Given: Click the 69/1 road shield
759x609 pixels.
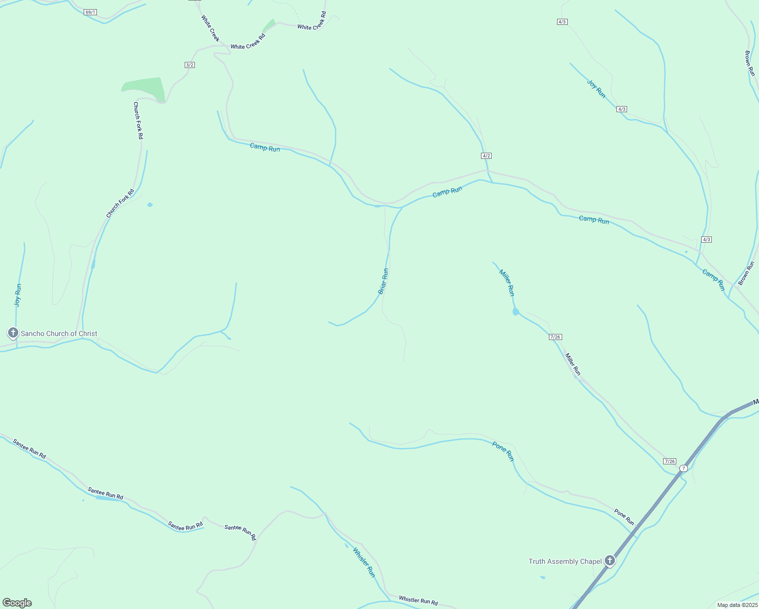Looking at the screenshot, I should coord(90,12).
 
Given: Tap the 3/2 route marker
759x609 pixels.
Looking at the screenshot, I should coord(190,65).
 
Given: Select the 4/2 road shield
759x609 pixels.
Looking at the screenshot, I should coord(486,156).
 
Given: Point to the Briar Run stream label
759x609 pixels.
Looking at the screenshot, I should coord(384,281).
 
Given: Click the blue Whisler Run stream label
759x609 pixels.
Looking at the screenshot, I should coord(364,562).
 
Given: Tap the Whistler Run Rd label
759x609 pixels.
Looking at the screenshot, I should coord(418,601).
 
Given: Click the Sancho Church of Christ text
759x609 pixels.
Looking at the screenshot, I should coord(59,333).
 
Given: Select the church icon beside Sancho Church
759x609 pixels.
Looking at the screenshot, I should coord(13,333).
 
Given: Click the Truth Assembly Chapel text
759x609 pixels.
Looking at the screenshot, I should coord(565,561).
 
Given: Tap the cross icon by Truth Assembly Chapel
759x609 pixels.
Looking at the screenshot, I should coord(610,561).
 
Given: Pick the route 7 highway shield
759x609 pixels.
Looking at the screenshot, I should coord(683,468).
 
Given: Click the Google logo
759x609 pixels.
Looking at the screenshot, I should coord(17,603).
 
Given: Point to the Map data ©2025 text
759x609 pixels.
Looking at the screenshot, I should coord(737,605).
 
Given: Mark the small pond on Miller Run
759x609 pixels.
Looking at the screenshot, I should coord(515,312).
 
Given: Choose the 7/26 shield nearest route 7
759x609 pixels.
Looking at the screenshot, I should coord(670,461).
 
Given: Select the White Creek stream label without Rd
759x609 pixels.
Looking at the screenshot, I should coord(210,28).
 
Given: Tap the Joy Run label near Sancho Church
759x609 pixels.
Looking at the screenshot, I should coord(18,295).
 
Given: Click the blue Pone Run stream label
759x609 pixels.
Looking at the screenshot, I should coord(503,451).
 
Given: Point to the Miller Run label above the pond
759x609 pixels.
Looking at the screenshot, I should coord(507,283).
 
